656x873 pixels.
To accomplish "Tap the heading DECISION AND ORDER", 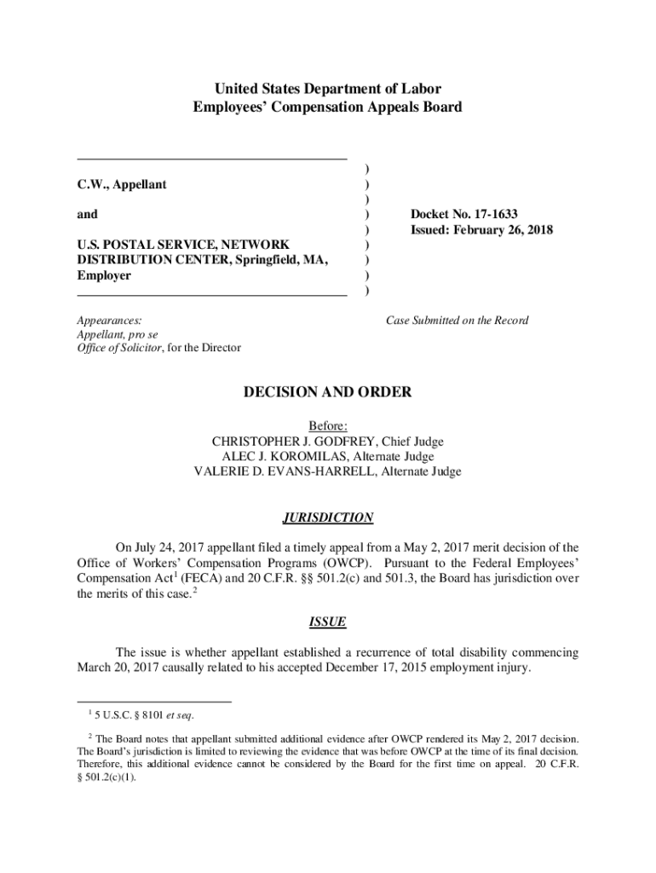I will pos(328,392).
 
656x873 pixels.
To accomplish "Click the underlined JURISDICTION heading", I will pos(328,517).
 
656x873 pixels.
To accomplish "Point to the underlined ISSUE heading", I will pos(328,622).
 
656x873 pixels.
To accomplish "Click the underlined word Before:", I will pos(328,426).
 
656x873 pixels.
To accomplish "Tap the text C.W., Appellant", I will pos(122,184).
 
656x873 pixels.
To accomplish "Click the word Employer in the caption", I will pos(104,275).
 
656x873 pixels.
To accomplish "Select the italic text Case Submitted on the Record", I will pos(457,321).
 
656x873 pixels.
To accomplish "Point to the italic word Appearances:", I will pos(109,321).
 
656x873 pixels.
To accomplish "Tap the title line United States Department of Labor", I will pos(328,89).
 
